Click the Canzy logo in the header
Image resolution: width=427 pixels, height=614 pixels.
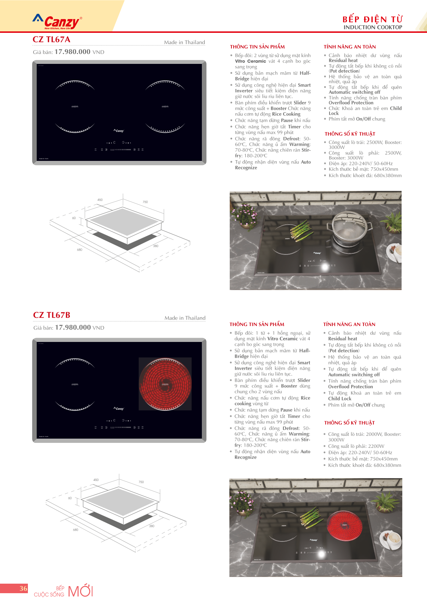[x=58, y=22]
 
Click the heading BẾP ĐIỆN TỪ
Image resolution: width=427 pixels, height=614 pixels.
[x=372, y=19]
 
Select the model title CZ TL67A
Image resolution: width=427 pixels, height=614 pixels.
[x=52, y=40]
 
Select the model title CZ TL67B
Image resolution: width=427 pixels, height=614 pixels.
[x=52, y=315]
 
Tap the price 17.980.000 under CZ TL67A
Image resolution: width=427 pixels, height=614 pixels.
[x=72, y=52]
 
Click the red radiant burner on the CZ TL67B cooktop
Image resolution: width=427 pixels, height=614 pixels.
[x=165, y=384]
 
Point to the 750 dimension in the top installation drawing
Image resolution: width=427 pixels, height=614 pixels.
[x=145, y=202]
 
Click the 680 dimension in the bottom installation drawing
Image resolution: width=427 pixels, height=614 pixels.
[x=76, y=530]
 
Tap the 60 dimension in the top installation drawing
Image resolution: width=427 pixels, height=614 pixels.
[x=74, y=218]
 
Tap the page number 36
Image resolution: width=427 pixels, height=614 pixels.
[x=23, y=588]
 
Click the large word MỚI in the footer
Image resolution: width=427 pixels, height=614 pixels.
[x=80, y=591]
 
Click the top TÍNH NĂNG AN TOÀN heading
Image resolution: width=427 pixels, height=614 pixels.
[x=349, y=47]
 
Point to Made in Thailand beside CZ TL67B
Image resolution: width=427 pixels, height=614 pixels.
[x=185, y=318]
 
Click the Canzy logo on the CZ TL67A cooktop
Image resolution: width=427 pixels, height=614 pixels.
[x=119, y=131]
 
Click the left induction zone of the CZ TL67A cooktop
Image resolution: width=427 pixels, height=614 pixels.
[x=75, y=107]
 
